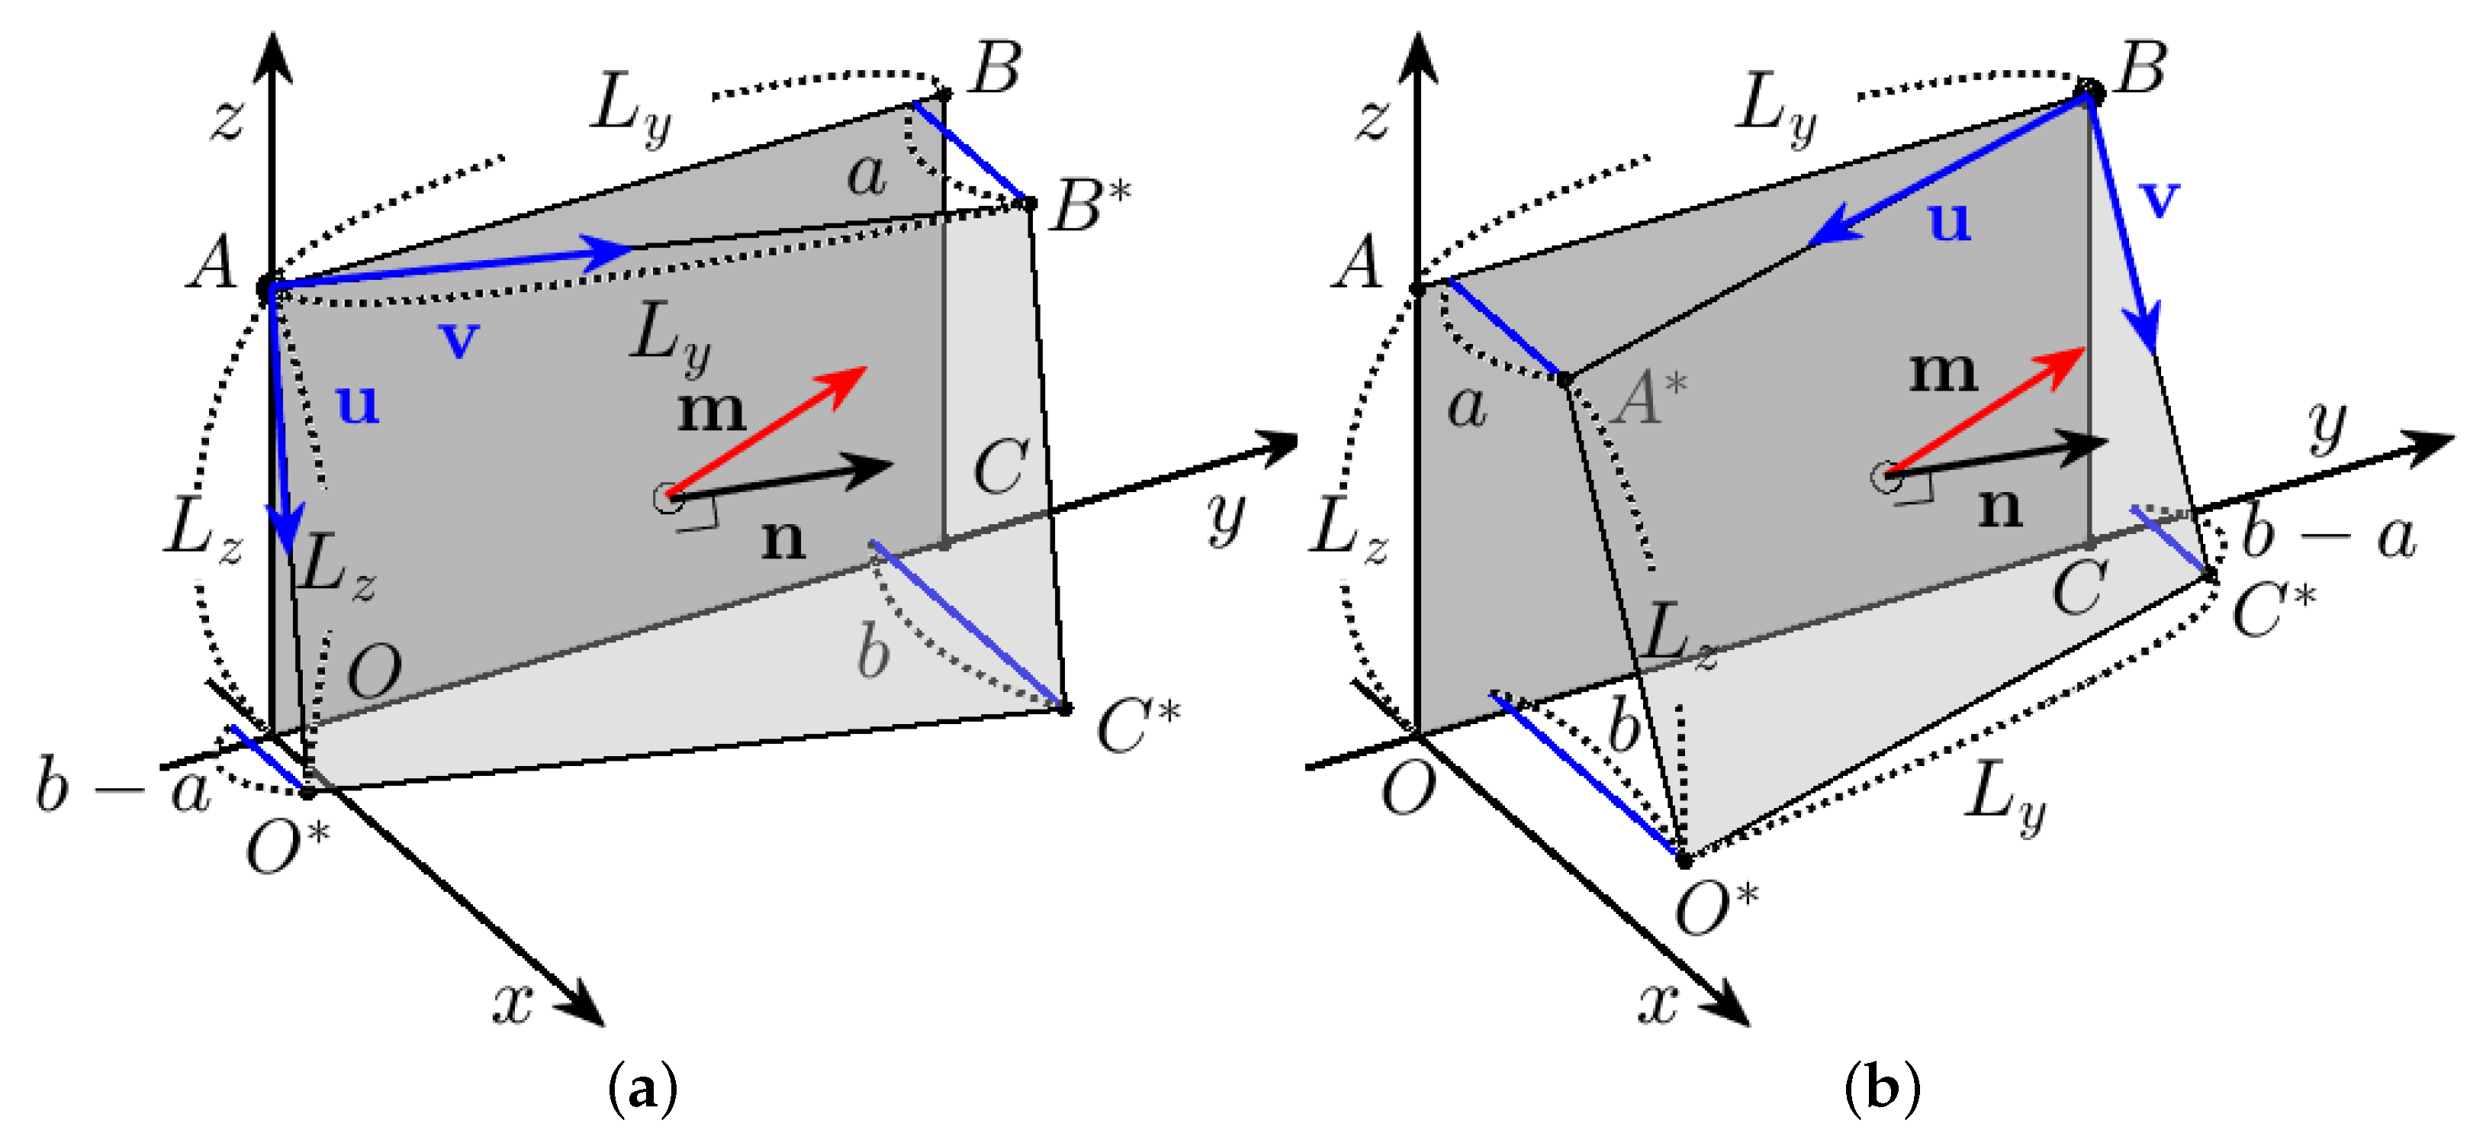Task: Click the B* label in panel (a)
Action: point(1090,205)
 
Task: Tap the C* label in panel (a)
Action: point(1137,725)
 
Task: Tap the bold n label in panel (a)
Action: point(782,539)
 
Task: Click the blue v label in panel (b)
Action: point(2159,198)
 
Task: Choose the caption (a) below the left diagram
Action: point(643,1089)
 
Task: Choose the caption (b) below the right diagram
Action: point(1882,1089)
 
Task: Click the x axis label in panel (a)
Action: point(513,1003)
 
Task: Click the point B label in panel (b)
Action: point(2140,69)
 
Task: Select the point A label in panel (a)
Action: point(212,262)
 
